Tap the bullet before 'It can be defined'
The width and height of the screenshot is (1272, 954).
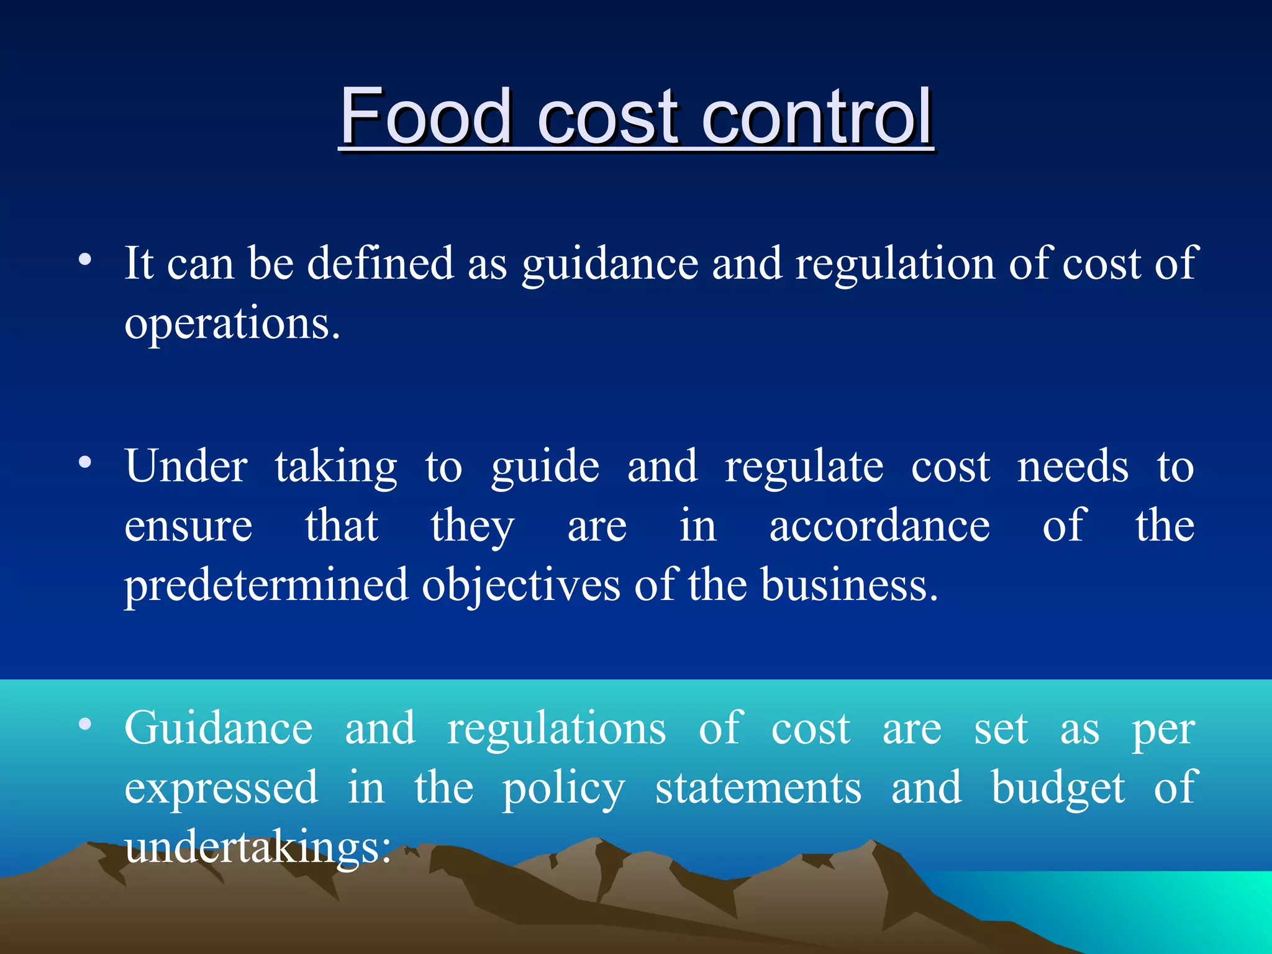(x=85, y=259)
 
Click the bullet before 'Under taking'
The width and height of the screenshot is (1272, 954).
(x=85, y=462)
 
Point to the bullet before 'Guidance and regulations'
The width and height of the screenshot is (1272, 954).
(x=85, y=724)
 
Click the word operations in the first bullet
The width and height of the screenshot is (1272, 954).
(x=232, y=324)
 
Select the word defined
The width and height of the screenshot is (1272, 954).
(x=380, y=263)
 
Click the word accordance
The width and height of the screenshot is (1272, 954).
(x=879, y=526)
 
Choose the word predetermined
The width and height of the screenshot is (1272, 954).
(x=266, y=586)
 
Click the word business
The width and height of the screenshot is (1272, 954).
(x=848, y=586)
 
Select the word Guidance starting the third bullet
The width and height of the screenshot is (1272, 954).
(x=219, y=728)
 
